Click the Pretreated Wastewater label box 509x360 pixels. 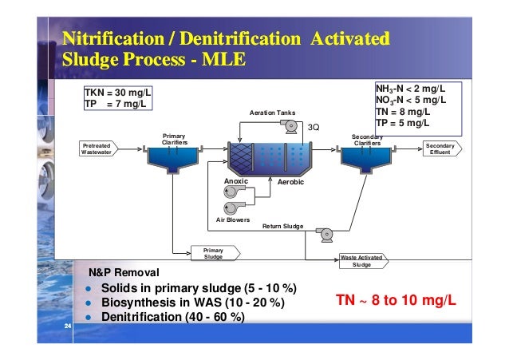click(97, 149)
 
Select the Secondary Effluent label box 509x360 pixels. click(440, 149)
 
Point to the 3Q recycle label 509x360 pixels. click(314, 127)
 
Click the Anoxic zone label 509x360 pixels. click(236, 182)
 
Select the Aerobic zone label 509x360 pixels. click(290, 183)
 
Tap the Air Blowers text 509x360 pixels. click(233, 220)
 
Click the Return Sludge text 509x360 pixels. click(283, 227)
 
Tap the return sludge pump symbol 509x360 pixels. click(325, 234)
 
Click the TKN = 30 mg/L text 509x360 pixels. click(117, 93)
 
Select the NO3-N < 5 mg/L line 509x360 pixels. click(410, 100)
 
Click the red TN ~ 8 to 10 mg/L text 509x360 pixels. click(396, 301)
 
